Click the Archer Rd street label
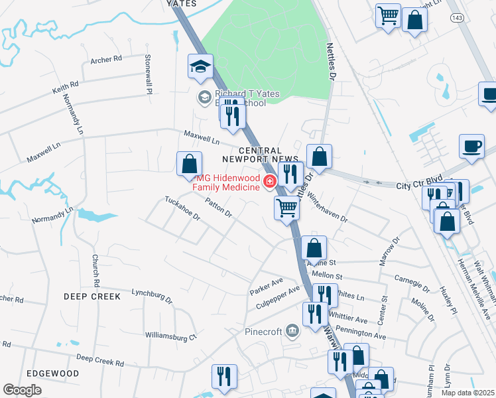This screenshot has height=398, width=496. [107, 59]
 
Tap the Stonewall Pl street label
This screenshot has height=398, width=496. [148, 74]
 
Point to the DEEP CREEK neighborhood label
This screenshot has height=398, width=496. [93, 297]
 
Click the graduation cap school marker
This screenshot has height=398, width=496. [199, 66]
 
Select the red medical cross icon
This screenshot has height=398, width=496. [269, 182]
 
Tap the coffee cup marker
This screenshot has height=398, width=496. [471, 146]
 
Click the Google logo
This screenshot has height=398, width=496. [22, 390]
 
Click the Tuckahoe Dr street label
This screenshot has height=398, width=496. [182, 209]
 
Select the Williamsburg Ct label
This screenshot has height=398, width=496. [171, 336]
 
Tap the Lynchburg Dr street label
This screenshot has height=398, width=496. [152, 296]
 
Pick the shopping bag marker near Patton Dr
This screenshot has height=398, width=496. [189, 163]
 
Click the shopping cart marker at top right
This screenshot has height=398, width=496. [388, 15]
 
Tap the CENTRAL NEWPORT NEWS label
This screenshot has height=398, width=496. [256, 155]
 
